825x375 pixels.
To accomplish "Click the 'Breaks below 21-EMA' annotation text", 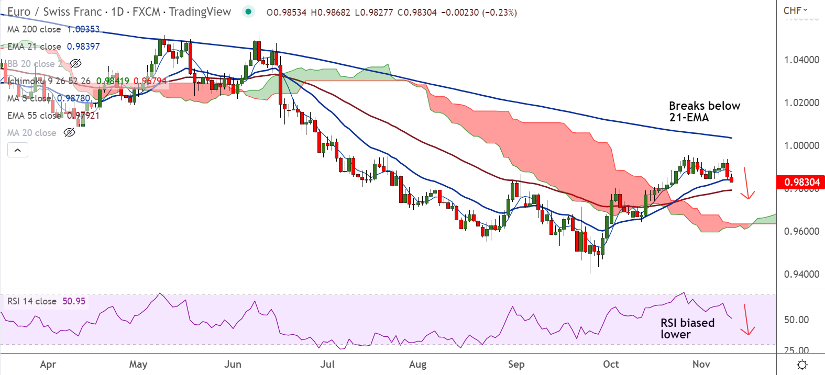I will [704, 111].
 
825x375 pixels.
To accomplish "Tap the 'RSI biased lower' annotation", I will [687, 328].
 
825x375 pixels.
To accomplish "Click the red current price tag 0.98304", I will [801, 182].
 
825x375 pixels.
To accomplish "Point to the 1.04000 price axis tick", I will [801, 60].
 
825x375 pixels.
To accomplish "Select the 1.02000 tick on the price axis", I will [801, 103].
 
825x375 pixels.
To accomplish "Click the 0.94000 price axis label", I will [801, 274].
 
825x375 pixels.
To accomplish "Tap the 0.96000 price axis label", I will [801, 231].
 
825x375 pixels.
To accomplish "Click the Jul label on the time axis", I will [327, 364].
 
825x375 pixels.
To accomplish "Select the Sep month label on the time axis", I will [516, 364].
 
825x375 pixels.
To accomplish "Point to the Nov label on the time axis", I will [701, 364].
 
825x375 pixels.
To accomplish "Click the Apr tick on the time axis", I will [48, 364].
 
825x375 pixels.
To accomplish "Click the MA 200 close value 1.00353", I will [83, 29].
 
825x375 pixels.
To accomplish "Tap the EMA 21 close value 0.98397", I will [83, 47].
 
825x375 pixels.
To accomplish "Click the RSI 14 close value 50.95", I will [74, 301].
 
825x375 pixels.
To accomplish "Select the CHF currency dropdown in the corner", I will [795, 10].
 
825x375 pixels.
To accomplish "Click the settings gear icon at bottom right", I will [801, 365].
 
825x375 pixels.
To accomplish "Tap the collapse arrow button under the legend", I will [17, 150].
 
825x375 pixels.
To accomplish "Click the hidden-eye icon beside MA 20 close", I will [69, 133].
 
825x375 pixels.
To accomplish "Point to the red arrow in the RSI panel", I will [747, 320].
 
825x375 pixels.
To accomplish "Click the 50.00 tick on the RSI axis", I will [796, 320].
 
